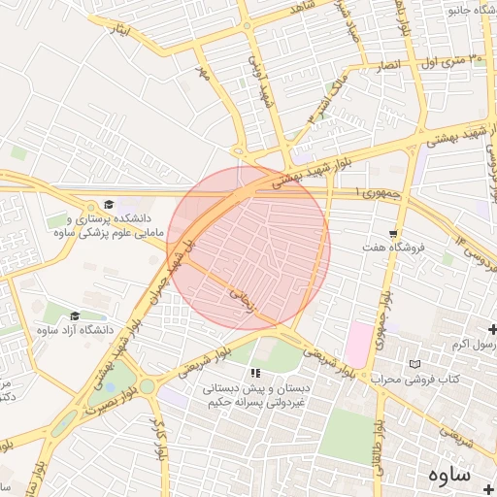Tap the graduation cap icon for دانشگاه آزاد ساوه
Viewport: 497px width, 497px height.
(75, 316)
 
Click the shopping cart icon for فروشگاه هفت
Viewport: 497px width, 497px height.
(392, 234)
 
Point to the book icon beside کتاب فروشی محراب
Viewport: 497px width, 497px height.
(415, 363)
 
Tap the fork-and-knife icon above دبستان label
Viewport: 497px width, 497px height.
(255, 373)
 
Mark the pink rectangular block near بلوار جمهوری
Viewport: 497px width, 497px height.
(357, 345)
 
